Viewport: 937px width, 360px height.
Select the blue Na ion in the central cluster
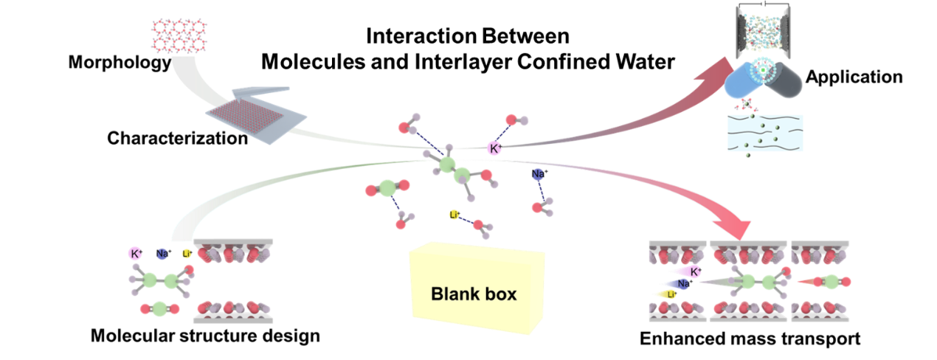(x=538, y=175)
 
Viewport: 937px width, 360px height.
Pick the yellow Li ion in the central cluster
(x=454, y=215)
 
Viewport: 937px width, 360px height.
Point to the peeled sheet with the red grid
(x=255, y=114)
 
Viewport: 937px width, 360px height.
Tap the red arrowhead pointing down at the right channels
(x=739, y=225)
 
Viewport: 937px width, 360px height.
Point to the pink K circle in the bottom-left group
(x=134, y=253)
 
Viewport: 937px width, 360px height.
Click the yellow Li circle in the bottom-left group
(x=186, y=254)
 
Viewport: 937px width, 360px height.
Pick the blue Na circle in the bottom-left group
(x=162, y=254)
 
